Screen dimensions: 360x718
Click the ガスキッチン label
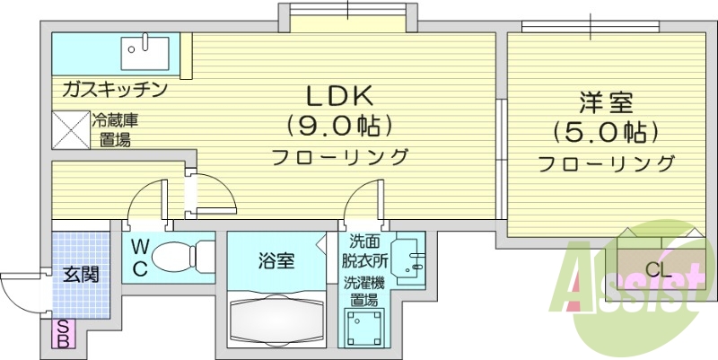115,89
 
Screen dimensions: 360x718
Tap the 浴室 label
276,261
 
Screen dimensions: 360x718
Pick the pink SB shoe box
64,334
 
